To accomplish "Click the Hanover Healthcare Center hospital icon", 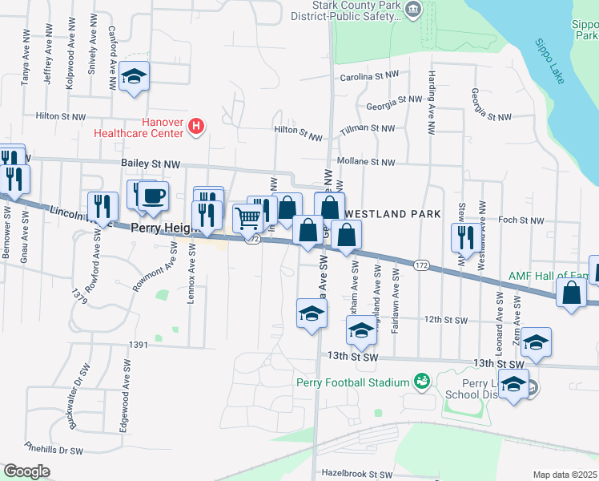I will coord(197,126).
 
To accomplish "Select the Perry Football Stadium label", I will coord(352,382).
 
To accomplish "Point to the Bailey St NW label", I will coord(150,163).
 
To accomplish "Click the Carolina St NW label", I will coord(369,77).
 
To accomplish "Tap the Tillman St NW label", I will coord(367,128).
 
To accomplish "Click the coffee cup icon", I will coord(153,195).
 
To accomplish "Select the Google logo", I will coord(26,471).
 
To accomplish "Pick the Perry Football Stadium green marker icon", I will coord(420,382).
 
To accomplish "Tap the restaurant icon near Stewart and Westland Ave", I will coord(464,236).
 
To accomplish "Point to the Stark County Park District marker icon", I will coord(413,10).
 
